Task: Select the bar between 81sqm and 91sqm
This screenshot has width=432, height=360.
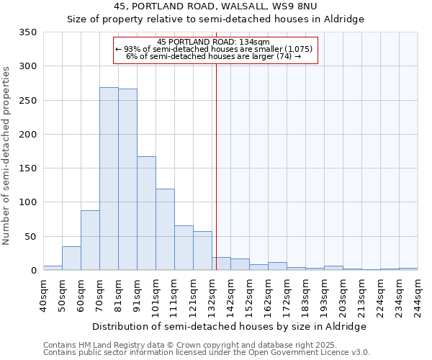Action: pos(127,179)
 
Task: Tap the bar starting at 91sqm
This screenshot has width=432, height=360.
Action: pos(146,213)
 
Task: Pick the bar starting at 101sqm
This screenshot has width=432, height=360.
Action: pos(165,230)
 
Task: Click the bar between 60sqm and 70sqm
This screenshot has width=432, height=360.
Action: pos(90,240)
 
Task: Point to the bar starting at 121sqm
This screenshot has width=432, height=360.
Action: pos(202,251)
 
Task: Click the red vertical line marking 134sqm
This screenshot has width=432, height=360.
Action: pos(216,166)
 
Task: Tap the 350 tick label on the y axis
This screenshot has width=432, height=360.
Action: pos(28,32)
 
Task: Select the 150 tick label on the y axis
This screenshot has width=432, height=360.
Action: pos(28,168)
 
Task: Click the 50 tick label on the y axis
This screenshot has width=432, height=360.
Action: pos(31,236)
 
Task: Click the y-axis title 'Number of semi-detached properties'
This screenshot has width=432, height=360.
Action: pos(7,155)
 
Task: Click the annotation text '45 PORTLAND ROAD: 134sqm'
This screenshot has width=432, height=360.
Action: pos(214,42)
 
